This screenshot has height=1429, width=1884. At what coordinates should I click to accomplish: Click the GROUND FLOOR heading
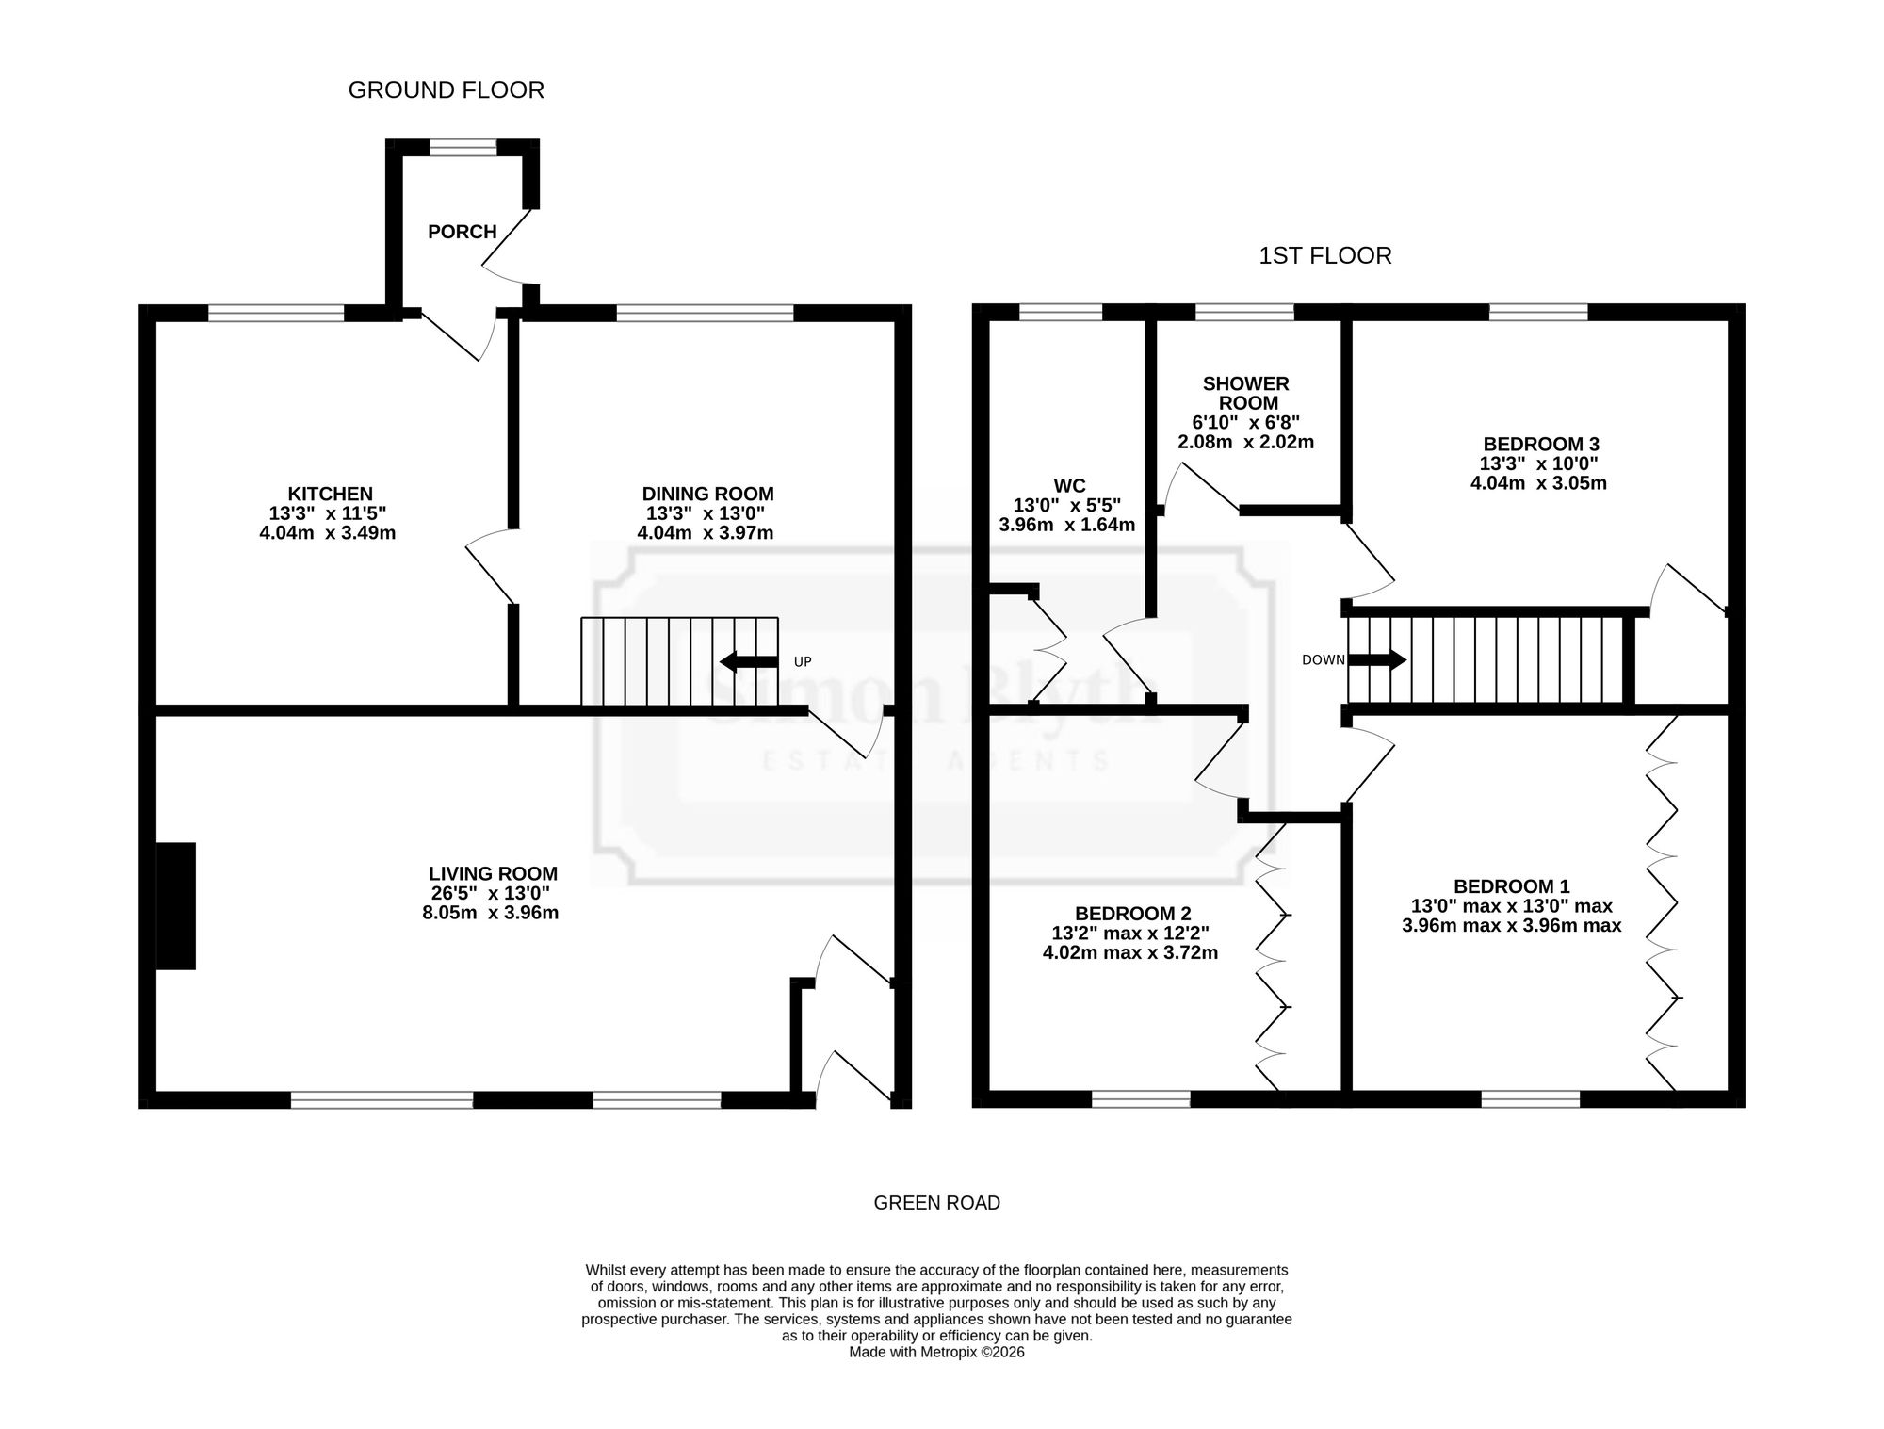coord(447,90)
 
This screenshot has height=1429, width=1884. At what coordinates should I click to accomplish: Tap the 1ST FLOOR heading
coord(1325,256)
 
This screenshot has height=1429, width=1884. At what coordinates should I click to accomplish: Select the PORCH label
coord(463,232)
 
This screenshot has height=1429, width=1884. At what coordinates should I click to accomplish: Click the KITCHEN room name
coord(331,494)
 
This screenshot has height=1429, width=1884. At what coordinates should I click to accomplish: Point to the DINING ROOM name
coord(708,494)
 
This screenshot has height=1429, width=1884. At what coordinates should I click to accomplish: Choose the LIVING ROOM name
coord(494,873)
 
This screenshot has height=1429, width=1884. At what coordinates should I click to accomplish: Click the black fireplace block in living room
coord(175,906)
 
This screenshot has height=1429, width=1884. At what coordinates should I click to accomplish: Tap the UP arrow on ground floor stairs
coord(749,662)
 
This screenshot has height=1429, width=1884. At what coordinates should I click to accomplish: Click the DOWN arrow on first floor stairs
coord(1377,660)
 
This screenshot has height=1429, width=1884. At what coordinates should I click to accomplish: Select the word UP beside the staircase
coord(803,662)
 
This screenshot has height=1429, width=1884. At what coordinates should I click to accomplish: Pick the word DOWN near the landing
coord(1324,660)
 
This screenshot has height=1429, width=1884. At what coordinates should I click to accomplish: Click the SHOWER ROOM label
coord(1246,393)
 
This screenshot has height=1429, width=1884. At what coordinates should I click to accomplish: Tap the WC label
coord(1069,486)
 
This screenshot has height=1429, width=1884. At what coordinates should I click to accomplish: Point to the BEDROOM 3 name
coord(1541,444)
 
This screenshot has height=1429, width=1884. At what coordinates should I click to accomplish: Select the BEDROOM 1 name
coord(1512,886)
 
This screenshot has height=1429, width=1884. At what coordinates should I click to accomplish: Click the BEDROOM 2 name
coord(1133,914)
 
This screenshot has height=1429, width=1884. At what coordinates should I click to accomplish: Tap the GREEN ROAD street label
coord(937,1203)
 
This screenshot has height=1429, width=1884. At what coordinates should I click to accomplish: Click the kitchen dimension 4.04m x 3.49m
coord(328,533)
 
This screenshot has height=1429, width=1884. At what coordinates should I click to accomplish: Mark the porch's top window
coord(463,147)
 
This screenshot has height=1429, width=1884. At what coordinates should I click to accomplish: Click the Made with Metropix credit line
coord(937,1352)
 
